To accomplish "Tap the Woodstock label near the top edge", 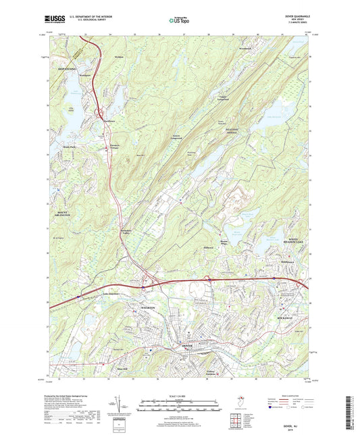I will point(245,49).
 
